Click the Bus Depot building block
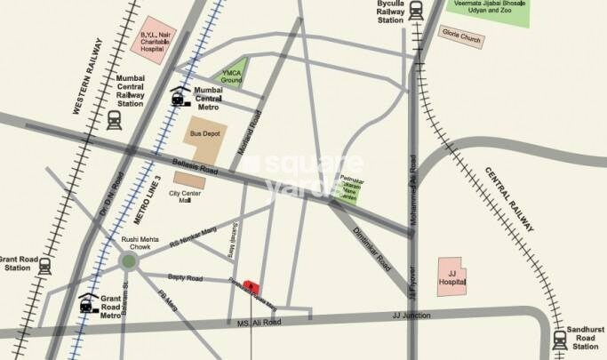pyautogui.click(x=205, y=139)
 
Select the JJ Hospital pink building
pyautogui.click(x=455, y=276)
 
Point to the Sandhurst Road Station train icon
pyautogui.click(x=560, y=339)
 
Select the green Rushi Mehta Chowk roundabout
pyautogui.click(x=130, y=260)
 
